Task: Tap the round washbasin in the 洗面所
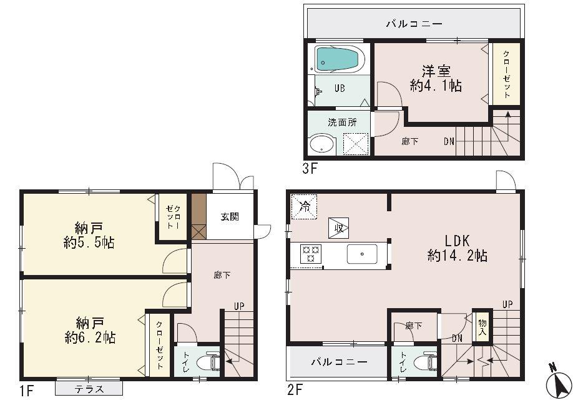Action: [x=322, y=144]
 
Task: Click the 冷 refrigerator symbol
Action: [x=305, y=206]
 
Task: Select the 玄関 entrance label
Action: [x=229, y=217]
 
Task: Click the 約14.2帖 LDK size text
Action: [x=458, y=255]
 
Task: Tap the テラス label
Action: [x=90, y=389]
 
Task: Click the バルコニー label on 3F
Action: [x=414, y=24]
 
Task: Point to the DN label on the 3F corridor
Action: [x=449, y=141]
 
